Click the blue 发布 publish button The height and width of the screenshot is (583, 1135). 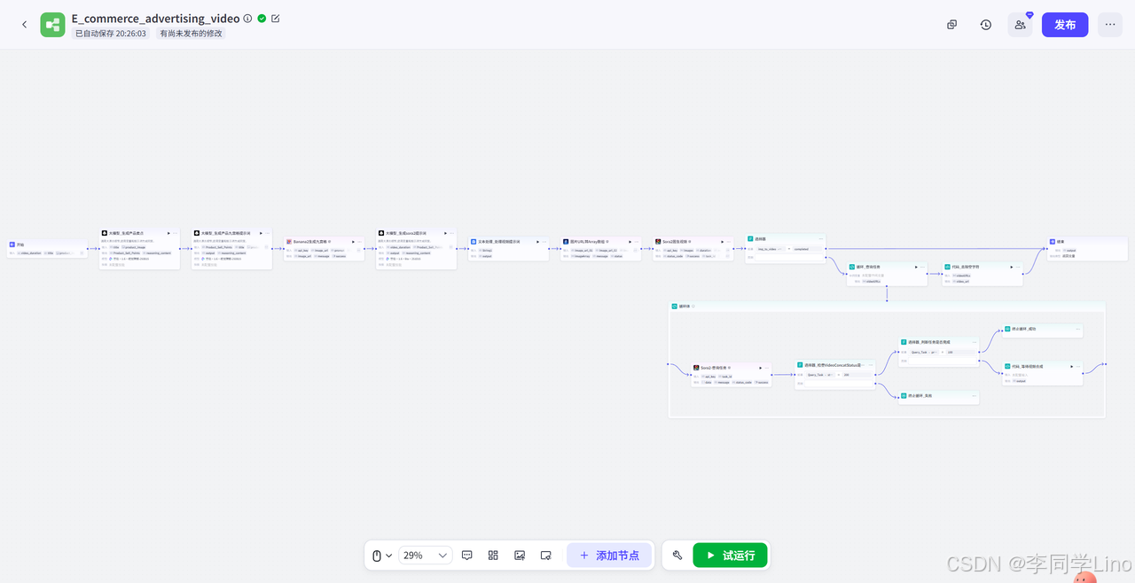point(1065,25)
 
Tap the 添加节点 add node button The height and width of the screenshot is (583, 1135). point(609,556)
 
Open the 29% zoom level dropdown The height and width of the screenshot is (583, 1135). point(426,556)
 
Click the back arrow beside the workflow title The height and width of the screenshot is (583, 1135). point(24,25)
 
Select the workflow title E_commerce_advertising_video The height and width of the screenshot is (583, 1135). point(155,18)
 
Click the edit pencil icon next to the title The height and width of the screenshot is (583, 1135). point(276,18)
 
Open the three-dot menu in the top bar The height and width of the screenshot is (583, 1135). point(1109,25)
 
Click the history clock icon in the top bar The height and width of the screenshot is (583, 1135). point(986,25)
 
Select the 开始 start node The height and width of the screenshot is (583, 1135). point(20,244)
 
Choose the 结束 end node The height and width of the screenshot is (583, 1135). point(1061,241)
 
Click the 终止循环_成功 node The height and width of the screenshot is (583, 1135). point(1024,329)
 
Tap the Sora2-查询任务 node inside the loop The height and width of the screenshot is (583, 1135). point(715,367)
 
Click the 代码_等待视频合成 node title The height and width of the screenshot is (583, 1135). point(1029,366)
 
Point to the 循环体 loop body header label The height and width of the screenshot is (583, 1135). point(685,307)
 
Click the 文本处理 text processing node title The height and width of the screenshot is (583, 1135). point(499,241)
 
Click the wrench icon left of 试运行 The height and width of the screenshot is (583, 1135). point(677,556)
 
